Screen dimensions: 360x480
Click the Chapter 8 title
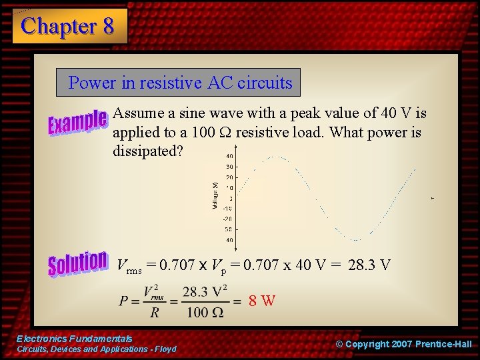click(x=68, y=26)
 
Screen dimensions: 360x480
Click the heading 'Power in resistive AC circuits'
click(x=180, y=83)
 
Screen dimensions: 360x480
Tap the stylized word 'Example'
click(x=77, y=122)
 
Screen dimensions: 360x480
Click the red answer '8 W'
click(x=262, y=301)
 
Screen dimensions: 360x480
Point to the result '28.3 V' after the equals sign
click(x=369, y=265)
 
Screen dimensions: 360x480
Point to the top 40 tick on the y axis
click(x=229, y=156)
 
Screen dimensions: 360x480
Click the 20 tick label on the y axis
click(x=229, y=177)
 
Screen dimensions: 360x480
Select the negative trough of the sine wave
click(x=357, y=239)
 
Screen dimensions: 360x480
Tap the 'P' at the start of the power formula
click(x=124, y=301)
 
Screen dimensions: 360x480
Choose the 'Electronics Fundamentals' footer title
click(x=74, y=339)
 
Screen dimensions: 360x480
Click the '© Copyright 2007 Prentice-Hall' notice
click(x=403, y=344)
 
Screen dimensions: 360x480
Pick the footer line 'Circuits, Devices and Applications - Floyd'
click(x=96, y=349)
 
